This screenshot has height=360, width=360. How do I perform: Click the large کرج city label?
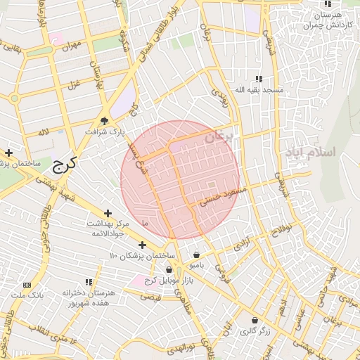[63, 166]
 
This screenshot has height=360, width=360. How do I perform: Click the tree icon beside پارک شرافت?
[104, 120]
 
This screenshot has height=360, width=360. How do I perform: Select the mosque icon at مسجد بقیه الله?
[259, 79]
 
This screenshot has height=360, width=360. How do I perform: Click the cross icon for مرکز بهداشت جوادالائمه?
[108, 213]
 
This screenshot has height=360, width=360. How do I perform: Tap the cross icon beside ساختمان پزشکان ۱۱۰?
[142, 245]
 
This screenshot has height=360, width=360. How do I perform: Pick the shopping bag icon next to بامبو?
[195, 255]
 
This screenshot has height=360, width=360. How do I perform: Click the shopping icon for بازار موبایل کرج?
[169, 269]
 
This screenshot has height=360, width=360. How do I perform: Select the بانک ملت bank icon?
[27, 285]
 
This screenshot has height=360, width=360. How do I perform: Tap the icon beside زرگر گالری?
[254, 320]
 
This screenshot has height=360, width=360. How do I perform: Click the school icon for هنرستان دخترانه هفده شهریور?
[89, 282]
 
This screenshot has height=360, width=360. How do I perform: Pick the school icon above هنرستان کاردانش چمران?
[326, 4]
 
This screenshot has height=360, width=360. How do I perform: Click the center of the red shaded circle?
[180, 180]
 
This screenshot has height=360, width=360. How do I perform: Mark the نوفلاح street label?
[280, 231]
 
